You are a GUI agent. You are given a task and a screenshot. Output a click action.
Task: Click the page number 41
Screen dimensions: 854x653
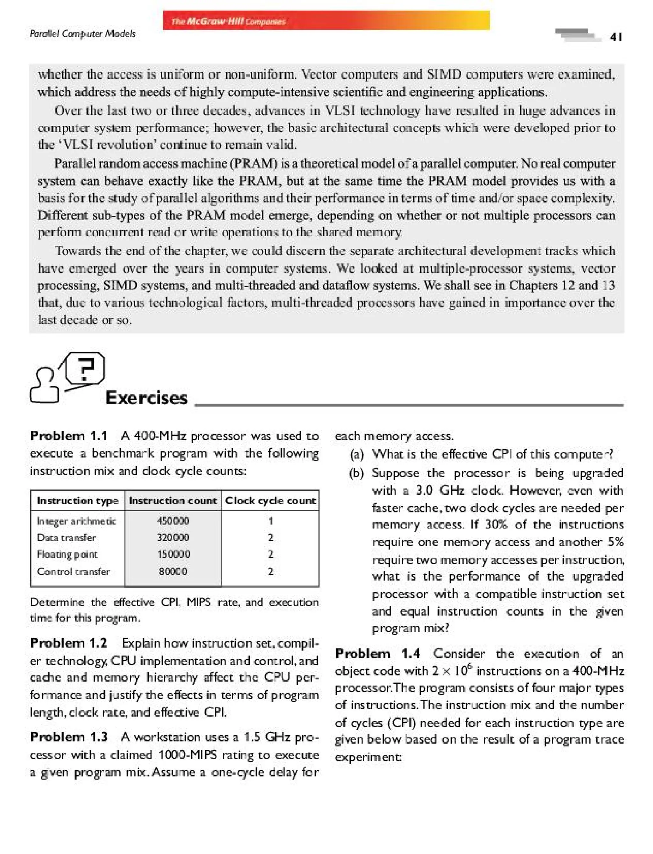tap(616, 37)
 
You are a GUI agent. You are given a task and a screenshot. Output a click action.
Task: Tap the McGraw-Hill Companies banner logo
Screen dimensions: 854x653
tap(229, 21)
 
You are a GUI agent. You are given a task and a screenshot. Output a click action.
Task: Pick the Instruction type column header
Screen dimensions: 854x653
tap(77, 500)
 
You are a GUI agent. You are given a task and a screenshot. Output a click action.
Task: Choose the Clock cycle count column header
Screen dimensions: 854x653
tap(270, 500)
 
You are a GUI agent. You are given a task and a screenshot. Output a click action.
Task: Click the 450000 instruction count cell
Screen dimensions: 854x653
tap(172, 521)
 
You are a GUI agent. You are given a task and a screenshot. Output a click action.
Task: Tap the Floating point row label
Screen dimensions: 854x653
tap(67, 554)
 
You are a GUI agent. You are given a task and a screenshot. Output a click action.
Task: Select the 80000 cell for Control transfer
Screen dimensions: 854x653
tap(172, 571)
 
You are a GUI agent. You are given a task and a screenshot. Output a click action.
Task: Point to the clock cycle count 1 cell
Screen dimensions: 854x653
tap(270, 521)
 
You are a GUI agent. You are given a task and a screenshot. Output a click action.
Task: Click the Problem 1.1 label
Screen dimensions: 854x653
tap(69, 435)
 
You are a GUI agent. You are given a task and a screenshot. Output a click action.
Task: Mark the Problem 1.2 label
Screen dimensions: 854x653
tap(69, 643)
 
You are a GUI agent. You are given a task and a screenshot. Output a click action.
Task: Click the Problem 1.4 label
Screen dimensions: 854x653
tap(378, 653)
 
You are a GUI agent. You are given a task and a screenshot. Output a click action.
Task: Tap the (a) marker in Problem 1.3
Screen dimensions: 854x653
tap(357, 454)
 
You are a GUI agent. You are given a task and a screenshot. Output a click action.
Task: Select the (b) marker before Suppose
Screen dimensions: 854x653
tap(357, 473)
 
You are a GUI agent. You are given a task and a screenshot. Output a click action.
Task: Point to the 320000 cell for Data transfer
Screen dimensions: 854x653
tap(172, 537)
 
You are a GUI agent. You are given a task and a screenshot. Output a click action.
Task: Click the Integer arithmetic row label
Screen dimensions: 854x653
tap(76, 521)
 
